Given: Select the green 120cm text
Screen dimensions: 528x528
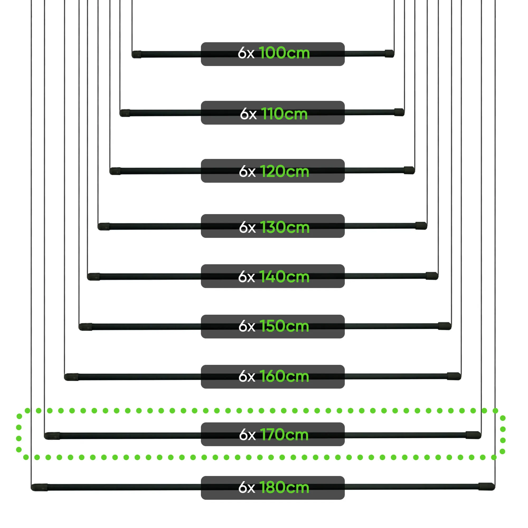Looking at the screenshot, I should pos(284,172).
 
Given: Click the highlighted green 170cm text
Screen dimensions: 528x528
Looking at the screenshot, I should pos(284,434).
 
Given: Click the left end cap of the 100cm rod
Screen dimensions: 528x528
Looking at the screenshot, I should pos(137,54).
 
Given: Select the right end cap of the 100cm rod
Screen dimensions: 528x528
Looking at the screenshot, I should pos(389,54).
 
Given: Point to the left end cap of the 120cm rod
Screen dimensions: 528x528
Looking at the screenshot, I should pos(115,171).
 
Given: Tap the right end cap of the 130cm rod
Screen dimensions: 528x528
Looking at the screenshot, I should pos(421,226).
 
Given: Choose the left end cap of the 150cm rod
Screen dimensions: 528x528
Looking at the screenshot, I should pos(86,327).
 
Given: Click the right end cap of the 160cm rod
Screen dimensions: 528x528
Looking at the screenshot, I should pos(454,376).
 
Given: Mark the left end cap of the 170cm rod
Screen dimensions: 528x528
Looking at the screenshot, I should pos(52,436).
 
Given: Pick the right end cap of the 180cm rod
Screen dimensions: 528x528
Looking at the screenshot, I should pos(487,487).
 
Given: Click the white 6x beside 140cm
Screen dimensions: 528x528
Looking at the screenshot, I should pos(246,277).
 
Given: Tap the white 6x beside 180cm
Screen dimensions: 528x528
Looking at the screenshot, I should pos(247,488).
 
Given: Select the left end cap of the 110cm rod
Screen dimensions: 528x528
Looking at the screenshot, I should pos(125,113).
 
